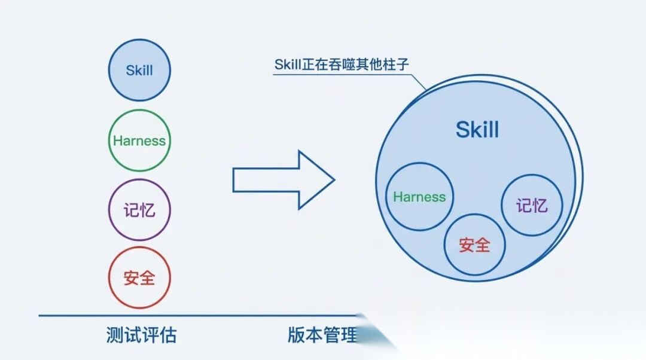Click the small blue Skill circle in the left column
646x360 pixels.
click(x=139, y=70)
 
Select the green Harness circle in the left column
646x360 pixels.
click(x=139, y=141)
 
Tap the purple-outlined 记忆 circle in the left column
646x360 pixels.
click(x=139, y=210)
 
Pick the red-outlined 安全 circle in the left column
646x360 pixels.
click(x=139, y=278)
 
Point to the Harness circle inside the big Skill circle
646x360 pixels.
click(x=420, y=197)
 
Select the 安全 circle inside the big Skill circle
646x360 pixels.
click(x=475, y=244)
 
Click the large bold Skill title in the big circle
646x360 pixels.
click(x=477, y=130)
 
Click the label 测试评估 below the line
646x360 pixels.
click(x=141, y=335)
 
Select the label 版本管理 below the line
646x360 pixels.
click(x=322, y=335)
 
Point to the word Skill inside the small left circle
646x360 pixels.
click(x=139, y=70)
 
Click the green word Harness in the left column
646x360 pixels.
click(x=139, y=141)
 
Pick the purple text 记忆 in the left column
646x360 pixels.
click(x=139, y=210)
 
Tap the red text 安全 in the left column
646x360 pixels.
click(x=139, y=278)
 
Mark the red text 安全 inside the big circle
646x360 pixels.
click(x=475, y=245)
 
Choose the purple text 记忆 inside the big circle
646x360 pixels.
click(x=531, y=206)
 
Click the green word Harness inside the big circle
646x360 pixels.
click(x=420, y=197)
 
